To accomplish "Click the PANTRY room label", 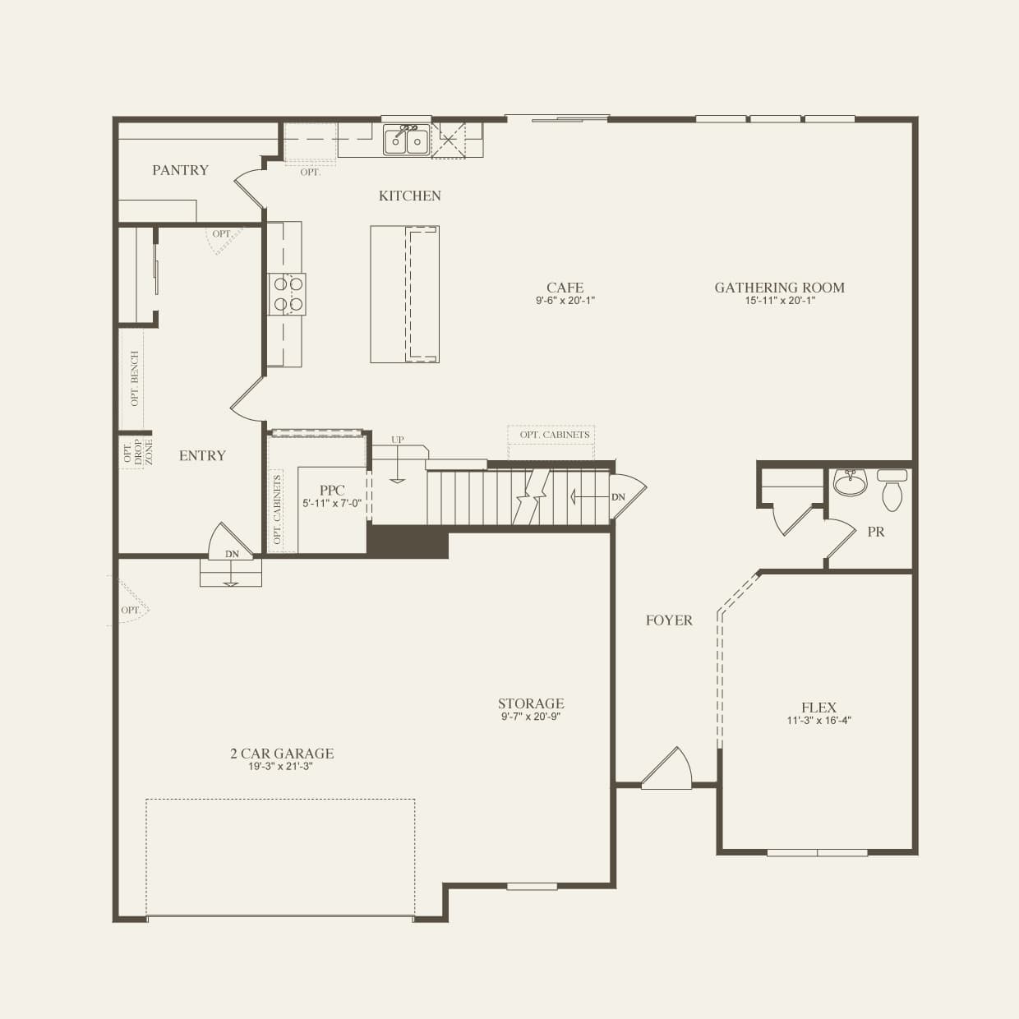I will (180, 170).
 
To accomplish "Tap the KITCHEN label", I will (409, 196).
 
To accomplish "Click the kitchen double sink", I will (407, 141).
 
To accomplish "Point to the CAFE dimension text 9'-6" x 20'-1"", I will (565, 301).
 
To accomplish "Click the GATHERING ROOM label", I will (779, 288).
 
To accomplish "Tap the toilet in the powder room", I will (892, 491).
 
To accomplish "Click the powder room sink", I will (850, 482).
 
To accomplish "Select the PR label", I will (876, 532).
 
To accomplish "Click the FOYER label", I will (669, 620).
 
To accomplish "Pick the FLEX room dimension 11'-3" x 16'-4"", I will (818, 721).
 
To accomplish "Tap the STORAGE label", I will (531, 703).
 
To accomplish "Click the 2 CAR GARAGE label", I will (282, 754).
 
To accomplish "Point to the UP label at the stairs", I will (398, 440).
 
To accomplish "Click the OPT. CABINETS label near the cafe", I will (554, 435).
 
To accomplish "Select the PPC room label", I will (332, 491).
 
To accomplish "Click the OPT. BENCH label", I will (135, 378).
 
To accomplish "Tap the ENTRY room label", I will (202, 455).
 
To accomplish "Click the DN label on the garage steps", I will (233, 555).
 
